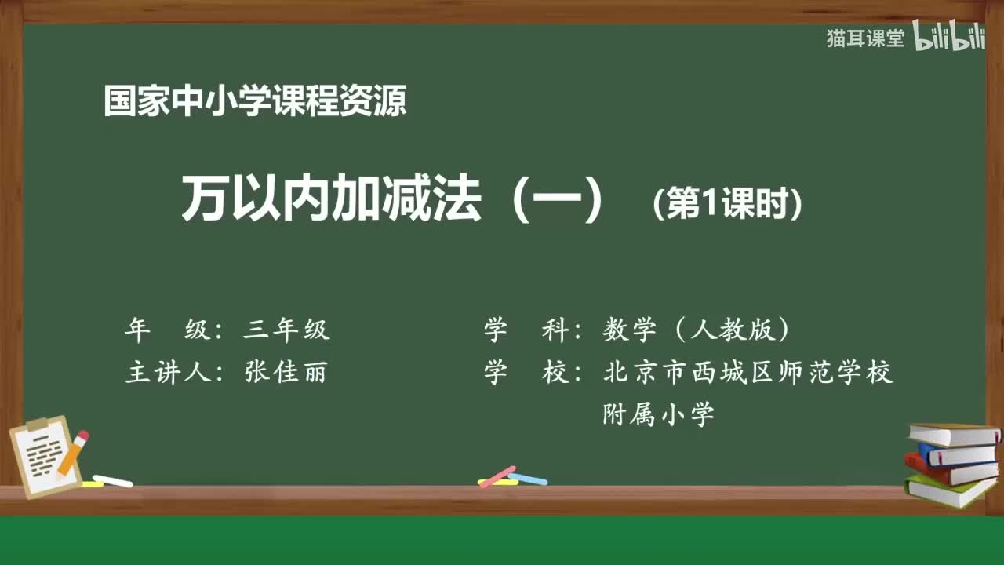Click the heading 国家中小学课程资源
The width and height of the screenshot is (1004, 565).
[255, 102]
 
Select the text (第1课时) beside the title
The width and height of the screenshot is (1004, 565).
[728, 206]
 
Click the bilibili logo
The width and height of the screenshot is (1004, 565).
[949, 38]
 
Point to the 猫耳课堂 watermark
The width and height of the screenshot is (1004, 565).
[865, 38]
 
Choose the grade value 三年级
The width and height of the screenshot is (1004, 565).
[286, 330]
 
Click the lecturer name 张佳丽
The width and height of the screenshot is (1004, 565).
[286, 373]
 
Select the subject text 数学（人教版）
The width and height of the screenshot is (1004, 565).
[696, 330]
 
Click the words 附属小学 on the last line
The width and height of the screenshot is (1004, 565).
[658, 414]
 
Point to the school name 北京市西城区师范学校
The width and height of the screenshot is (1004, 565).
[748, 373]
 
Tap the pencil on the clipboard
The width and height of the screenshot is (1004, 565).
[72, 453]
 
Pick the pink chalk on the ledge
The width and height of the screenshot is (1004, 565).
[497, 476]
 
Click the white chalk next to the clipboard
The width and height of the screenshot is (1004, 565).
[112, 480]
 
